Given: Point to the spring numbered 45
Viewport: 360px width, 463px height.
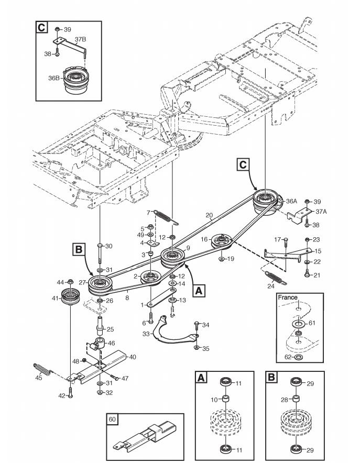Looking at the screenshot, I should (43, 369).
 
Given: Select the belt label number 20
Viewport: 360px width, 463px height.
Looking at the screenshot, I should (209, 215).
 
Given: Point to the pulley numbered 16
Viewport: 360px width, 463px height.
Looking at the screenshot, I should (223, 242).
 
